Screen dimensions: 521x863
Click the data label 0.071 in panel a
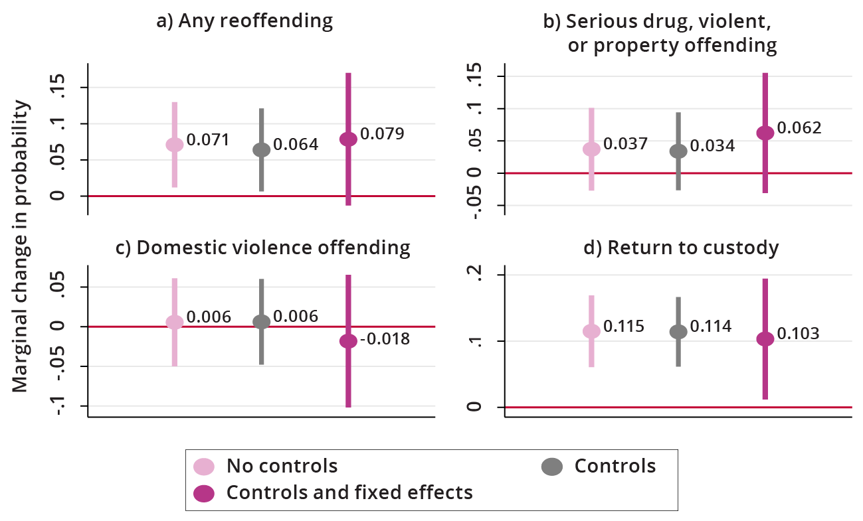207,140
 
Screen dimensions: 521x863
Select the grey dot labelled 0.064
262,149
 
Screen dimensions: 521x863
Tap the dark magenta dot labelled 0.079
348,139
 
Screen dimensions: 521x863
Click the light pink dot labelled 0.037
591,149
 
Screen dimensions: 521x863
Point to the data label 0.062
799,127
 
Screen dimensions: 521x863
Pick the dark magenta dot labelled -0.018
348,341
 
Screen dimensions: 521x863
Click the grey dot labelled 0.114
678,332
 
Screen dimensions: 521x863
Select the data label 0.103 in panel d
798,333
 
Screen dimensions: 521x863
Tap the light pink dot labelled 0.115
591,331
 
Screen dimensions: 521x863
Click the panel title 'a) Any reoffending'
244,21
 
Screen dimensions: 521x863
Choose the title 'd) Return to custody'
693,248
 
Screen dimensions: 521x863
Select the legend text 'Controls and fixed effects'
349,492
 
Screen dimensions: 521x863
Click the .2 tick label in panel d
473,273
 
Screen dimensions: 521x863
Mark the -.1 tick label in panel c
63,406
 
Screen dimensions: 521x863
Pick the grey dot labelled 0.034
678,151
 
